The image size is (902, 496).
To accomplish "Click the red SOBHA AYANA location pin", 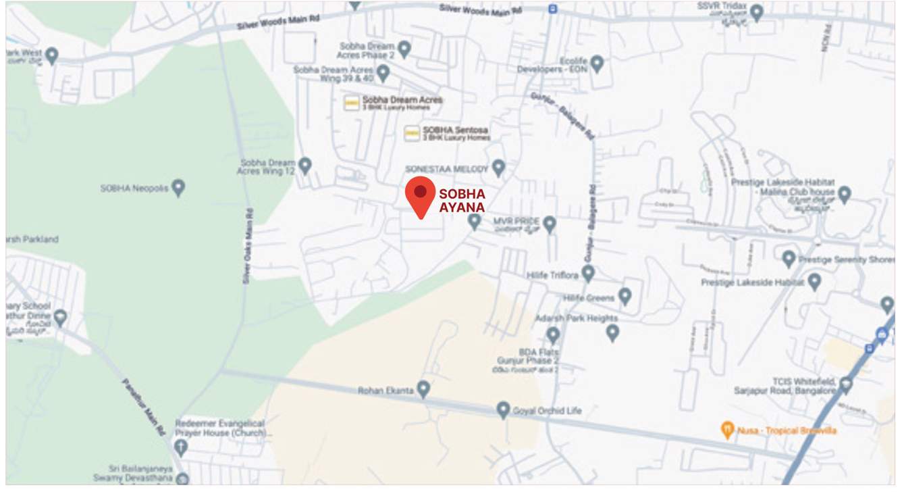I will (420, 194).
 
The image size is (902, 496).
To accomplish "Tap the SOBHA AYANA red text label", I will (462, 201).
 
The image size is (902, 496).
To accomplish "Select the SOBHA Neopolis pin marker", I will (178, 187).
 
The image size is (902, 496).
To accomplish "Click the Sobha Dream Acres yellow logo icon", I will (351, 103).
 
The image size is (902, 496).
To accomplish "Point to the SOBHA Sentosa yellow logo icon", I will (412, 133).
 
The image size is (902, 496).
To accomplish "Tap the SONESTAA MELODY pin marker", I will (498, 167).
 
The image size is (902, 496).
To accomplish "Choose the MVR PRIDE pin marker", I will (550, 224).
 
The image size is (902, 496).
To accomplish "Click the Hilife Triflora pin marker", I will (588, 273).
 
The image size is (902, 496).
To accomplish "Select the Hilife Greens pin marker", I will (625, 295).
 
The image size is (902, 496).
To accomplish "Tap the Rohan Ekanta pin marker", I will (423, 389).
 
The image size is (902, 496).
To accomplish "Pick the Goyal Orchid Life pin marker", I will (503, 409).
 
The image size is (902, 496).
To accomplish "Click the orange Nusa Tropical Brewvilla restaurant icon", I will (727, 429).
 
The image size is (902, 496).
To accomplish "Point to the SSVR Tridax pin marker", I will (757, 11).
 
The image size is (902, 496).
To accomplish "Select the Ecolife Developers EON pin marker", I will (596, 64).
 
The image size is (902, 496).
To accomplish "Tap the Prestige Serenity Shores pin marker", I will (789, 258).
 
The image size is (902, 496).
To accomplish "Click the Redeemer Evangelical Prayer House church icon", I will (180, 446).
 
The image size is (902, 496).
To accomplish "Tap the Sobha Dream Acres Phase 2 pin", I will (404, 49).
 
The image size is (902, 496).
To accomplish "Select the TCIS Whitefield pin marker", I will (845, 385).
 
